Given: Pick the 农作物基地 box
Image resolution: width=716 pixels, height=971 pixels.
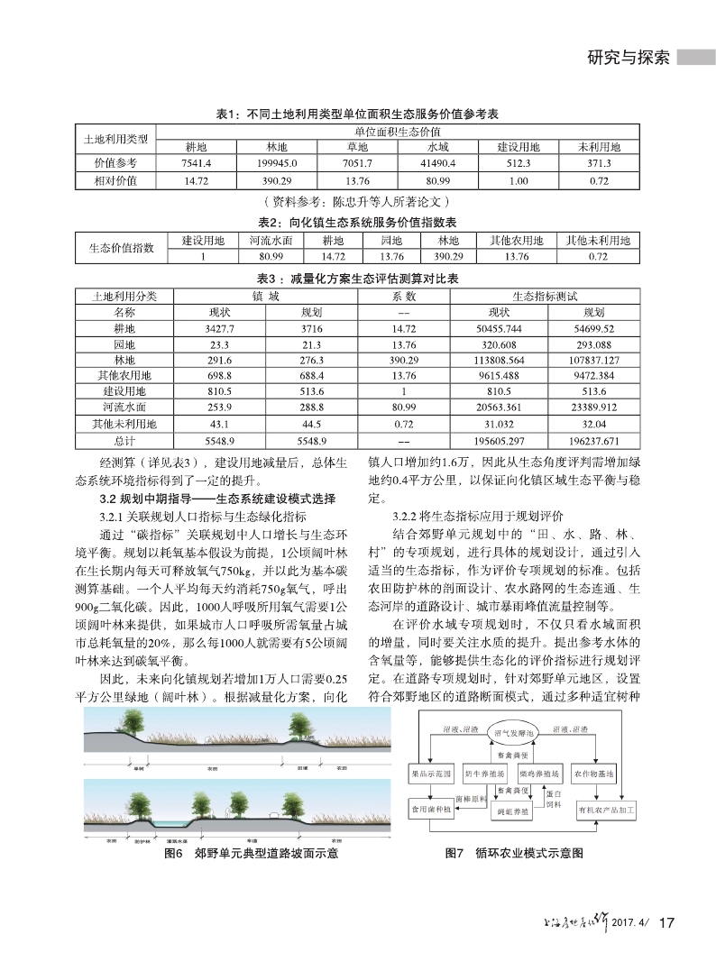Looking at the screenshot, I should tap(593, 774).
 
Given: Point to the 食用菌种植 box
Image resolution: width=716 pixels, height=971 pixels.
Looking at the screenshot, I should tap(432, 810).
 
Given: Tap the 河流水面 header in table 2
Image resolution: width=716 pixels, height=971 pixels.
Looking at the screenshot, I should tap(271, 241).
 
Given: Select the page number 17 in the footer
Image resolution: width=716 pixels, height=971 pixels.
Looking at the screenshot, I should tap(668, 922).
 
